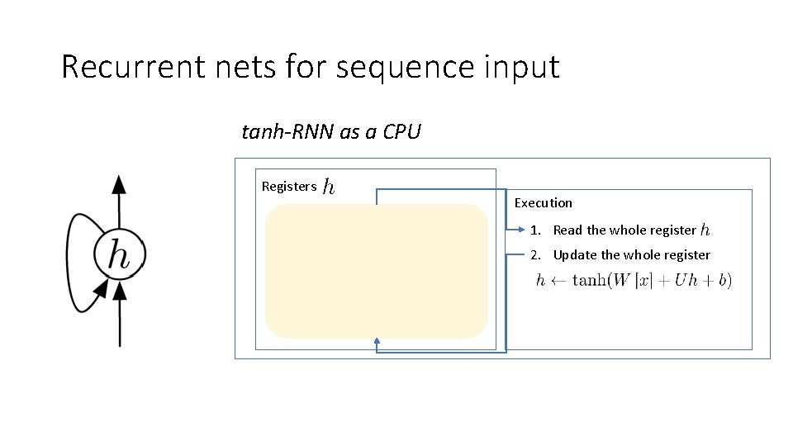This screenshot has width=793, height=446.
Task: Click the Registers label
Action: click(288, 186)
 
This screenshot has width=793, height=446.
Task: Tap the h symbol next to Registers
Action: click(329, 186)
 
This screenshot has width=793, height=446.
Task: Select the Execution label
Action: click(543, 202)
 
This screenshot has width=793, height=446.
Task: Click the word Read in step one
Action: click(567, 230)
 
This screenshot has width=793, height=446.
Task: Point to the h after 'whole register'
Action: click(704, 230)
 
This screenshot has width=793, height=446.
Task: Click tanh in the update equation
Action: click(587, 281)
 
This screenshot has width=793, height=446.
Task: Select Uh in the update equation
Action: click(685, 281)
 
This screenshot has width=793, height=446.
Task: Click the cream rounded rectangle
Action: click(377, 271)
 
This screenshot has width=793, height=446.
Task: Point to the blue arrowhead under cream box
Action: click(377, 341)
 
